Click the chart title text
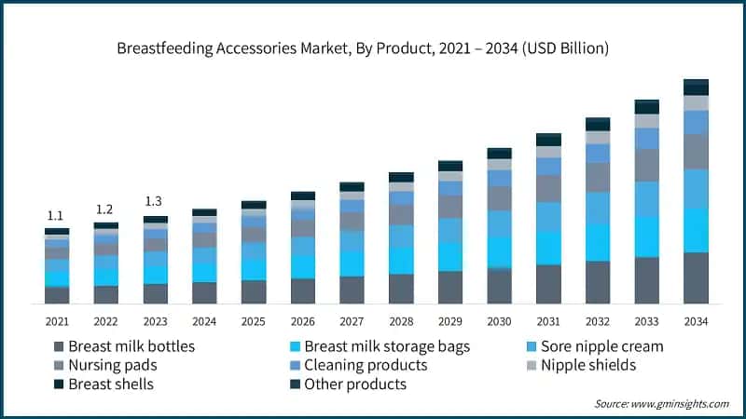(373, 48)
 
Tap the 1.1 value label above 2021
(57, 216)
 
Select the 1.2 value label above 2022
(105, 209)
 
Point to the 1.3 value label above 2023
(155, 202)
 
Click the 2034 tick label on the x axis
(696, 321)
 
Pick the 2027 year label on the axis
(352, 321)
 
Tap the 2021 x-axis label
(57, 321)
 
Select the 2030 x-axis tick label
(499, 321)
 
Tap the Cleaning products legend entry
(359, 365)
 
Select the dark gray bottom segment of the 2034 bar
(696, 277)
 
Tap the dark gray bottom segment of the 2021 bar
(57, 295)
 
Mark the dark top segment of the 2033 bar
(646, 106)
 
